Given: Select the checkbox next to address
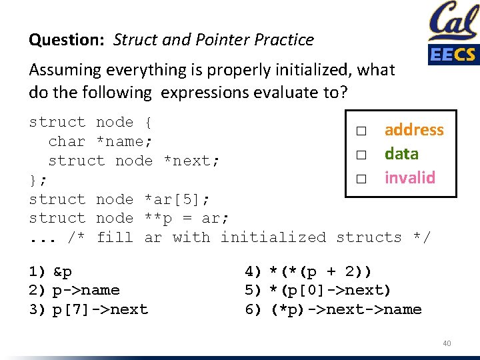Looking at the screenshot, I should tap(361, 131).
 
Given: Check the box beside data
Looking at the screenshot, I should tap(361, 155).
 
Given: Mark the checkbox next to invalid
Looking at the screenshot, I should tap(361, 179).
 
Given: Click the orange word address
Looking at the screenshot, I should tap(413, 130).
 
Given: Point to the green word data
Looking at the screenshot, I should tap(401, 154).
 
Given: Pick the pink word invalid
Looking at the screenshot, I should tap(409, 178).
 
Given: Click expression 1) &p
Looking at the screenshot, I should tap(51, 271).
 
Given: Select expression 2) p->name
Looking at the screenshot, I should tap(74, 290).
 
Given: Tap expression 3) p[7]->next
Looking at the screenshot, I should tap(88, 309).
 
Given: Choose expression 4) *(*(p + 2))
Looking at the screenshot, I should tap(309, 271).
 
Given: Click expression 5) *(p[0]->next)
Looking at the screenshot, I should tap(318, 290).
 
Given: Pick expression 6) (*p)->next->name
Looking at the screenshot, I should tap(333, 309).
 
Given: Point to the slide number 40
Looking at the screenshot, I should tap(447, 343).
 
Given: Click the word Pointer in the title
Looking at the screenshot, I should tap(221, 40).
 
